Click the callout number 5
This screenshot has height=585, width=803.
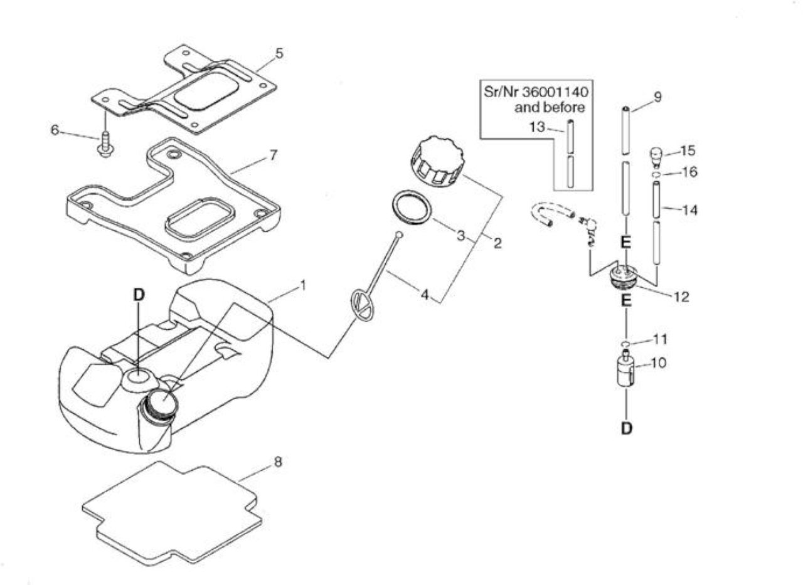[x=279, y=54]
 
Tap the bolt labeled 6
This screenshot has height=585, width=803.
[x=105, y=145]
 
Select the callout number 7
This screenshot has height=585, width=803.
[x=273, y=155]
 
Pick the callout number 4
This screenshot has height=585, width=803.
[x=425, y=295]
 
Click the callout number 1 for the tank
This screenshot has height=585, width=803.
[x=303, y=285]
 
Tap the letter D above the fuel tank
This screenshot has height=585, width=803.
[x=139, y=295]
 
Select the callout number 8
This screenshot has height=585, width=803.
[x=278, y=462]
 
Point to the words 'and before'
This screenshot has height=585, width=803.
[x=550, y=107]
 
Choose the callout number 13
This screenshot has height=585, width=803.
[x=538, y=127]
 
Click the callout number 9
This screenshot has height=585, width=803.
[x=658, y=97]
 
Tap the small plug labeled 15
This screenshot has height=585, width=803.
[x=656, y=157]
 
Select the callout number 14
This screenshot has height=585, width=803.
[x=691, y=210]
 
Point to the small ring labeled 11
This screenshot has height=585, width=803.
[x=625, y=344]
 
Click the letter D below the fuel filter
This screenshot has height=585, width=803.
[x=626, y=428]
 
